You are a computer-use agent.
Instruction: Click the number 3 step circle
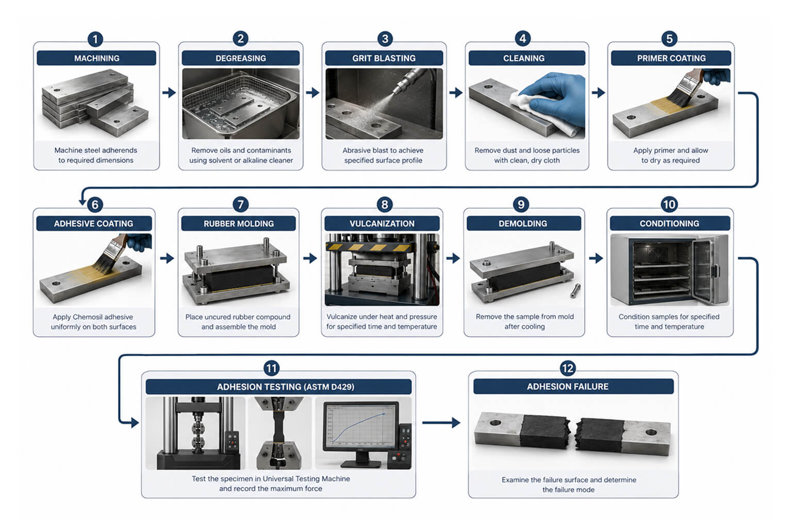[x=385, y=39]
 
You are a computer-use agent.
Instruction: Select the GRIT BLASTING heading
[x=384, y=58]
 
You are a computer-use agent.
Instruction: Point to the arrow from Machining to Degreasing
[x=169, y=93]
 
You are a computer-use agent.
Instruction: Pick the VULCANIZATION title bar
[x=382, y=223]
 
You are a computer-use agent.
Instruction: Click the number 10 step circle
[x=669, y=204]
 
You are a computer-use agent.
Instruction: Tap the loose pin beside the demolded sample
[x=575, y=291]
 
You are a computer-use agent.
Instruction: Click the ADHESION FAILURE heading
[x=568, y=387]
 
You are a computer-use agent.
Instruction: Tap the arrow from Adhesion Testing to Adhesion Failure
[x=441, y=422]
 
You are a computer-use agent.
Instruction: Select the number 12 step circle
[x=568, y=369]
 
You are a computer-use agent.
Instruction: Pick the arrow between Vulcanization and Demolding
[x=453, y=258]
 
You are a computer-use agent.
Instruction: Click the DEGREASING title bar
[x=241, y=58]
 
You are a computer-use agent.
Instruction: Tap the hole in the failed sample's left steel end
[x=496, y=423]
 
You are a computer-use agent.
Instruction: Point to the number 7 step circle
[x=240, y=204]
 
